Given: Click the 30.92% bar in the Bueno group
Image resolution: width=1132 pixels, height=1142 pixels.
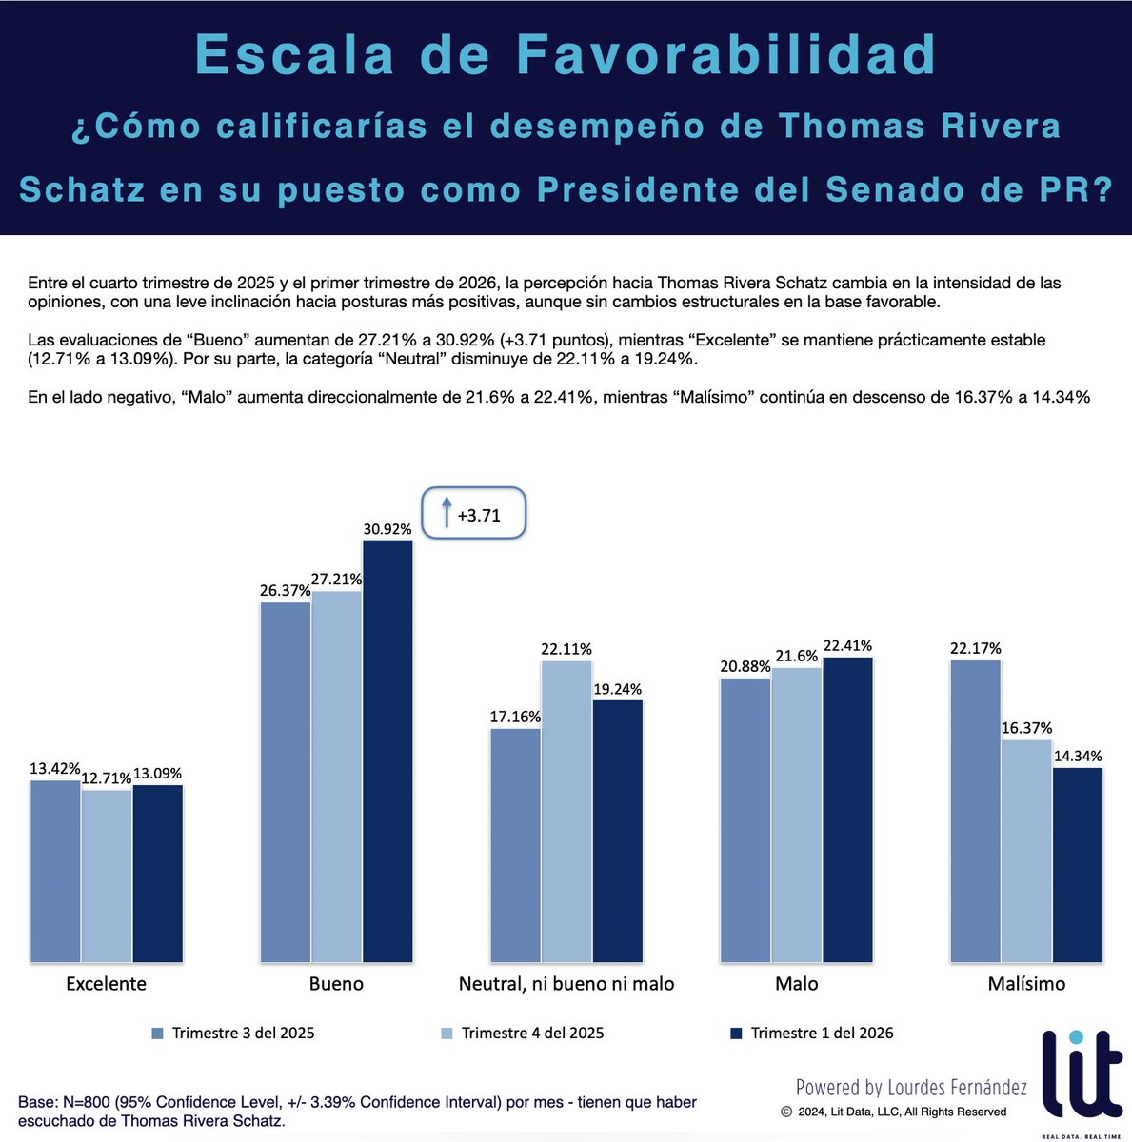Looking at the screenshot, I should point(387,751).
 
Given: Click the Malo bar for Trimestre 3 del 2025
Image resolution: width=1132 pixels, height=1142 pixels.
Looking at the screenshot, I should point(745,819).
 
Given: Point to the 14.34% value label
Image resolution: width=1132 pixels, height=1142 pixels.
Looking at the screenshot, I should point(1078,757).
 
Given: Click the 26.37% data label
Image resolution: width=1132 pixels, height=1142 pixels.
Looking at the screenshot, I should point(285,590).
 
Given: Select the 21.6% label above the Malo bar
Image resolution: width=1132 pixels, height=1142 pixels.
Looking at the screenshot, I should point(797,657).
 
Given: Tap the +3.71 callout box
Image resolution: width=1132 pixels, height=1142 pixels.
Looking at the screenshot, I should point(473,515).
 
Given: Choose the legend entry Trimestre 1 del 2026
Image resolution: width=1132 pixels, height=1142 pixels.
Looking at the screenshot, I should point(822,1033).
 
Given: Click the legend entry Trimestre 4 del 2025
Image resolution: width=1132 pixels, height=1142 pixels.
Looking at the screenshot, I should point(532,1033).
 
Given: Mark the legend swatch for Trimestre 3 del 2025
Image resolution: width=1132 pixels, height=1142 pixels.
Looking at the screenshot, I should point(158,1033).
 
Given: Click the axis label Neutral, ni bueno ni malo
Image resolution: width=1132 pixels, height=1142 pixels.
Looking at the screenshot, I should point(566,983).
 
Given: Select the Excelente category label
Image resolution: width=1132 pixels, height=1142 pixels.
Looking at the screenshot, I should point(106,983).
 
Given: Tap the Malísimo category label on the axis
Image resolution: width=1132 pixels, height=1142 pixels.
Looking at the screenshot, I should point(1026,983).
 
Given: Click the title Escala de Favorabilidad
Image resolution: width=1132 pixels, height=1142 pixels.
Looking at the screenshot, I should point(566,54).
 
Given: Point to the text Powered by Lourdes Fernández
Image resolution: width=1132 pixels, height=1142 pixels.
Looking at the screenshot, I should point(911,1087).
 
